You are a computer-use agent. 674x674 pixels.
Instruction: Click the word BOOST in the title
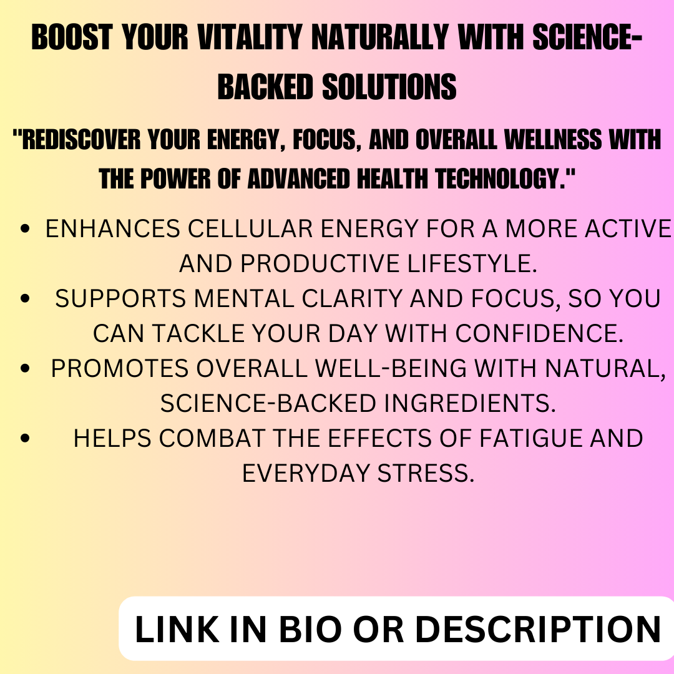(72, 37)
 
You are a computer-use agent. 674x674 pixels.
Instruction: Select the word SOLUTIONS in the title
(389, 87)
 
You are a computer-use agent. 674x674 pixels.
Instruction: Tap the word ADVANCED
(299, 178)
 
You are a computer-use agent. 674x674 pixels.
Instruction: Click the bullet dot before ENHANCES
(25, 228)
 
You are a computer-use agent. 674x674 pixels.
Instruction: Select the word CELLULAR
(250, 228)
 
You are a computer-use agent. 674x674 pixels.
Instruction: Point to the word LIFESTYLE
(472, 263)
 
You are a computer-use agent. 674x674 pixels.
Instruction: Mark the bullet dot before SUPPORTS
(25, 299)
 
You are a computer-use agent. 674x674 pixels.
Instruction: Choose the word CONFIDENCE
(539, 333)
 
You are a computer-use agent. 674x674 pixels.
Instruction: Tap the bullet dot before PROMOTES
(25, 369)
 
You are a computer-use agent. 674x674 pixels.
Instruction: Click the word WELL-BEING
(391, 369)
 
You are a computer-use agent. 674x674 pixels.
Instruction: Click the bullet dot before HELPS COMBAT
(25, 439)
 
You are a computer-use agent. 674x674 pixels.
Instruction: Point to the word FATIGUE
(530, 439)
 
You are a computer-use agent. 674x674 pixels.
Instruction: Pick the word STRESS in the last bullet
(426, 474)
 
